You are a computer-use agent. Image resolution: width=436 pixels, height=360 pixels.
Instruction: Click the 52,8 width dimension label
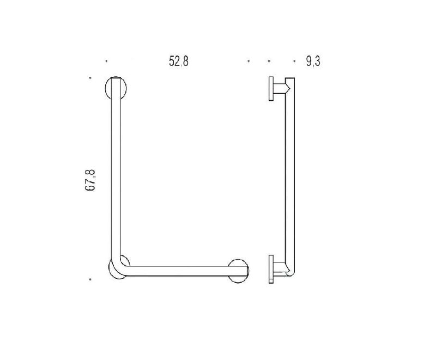coord(179,61)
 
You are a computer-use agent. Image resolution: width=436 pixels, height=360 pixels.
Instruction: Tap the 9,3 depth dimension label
coord(313,61)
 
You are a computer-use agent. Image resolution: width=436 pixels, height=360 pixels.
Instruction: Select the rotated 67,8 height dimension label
coord(90,180)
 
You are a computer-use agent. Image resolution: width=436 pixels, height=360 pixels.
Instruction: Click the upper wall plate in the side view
coord(271,88)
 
